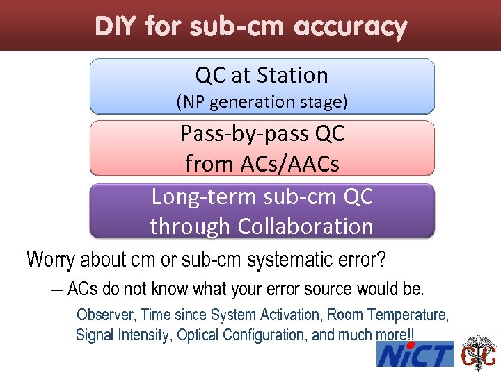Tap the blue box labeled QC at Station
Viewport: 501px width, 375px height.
262,85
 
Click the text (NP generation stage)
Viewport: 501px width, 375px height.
262,102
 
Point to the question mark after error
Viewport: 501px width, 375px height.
381,260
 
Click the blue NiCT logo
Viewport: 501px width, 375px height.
415,355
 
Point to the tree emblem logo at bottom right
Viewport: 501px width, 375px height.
479,353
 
